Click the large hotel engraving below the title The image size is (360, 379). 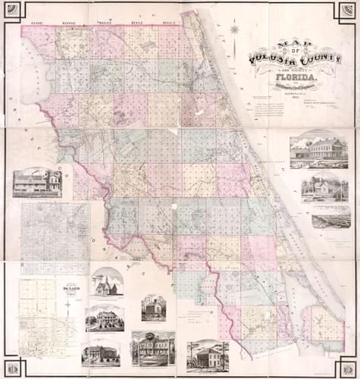click(319, 149)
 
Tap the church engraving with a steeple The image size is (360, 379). click(105, 282)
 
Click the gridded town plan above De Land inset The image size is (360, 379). click(55, 231)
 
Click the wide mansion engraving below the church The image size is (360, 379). click(105, 318)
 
